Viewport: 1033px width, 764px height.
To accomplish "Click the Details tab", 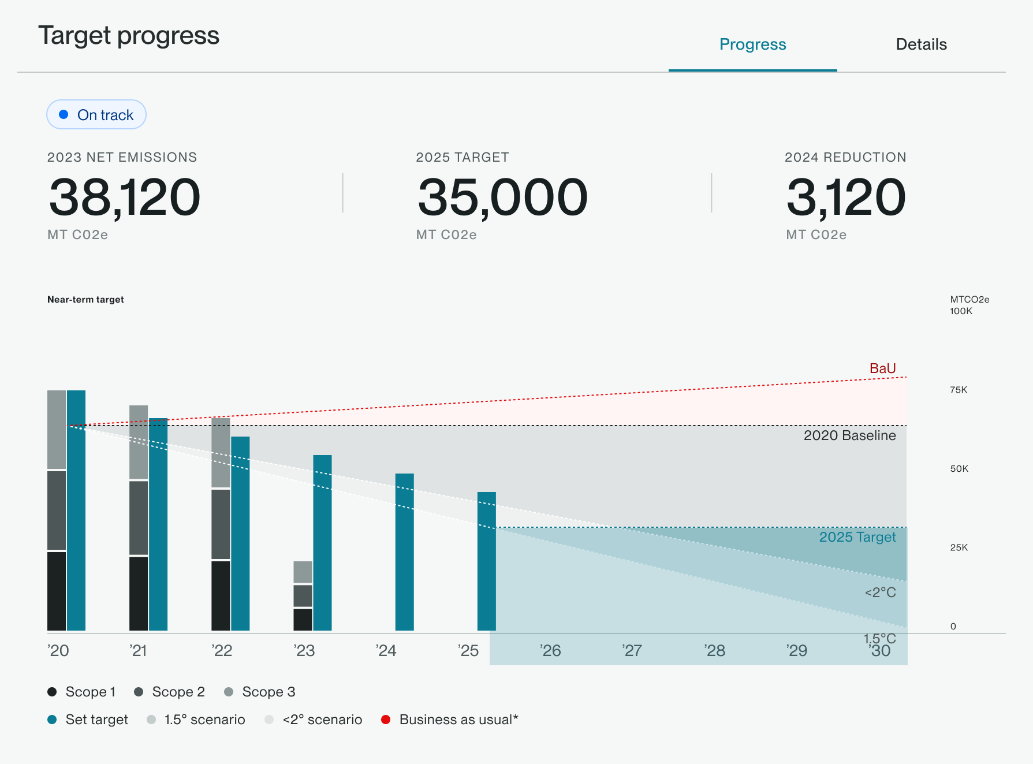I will pyautogui.click(x=920, y=44).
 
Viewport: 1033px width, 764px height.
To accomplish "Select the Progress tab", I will pyautogui.click(x=752, y=44).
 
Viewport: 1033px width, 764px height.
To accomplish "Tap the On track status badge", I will pyautogui.click(x=96, y=115).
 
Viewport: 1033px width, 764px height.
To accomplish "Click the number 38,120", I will pyautogui.click(x=124, y=197).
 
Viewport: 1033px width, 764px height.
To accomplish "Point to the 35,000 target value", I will pyautogui.click(x=502, y=197).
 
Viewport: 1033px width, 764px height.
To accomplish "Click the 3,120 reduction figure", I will pyautogui.click(x=845, y=197).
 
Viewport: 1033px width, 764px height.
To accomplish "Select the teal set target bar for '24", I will pyautogui.click(x=404, y=551).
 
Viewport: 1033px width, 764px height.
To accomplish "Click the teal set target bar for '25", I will pyautogui.click(x=486, y=561).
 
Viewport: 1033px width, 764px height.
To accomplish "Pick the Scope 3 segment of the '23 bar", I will pyautogui.click(x=303, y=572).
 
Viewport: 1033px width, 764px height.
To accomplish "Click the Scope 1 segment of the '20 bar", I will pyautogui.click(x=57, y=591).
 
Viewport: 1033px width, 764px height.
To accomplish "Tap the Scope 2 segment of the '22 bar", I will pyautogui.click(x=221, y=524).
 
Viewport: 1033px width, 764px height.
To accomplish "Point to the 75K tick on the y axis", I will pyautogui.click(x=959, y=390).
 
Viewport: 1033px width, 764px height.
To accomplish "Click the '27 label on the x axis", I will pyautogui.click(x=632, y=651).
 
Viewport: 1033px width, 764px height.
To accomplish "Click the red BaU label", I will pyautogui.click(x=882, y=368).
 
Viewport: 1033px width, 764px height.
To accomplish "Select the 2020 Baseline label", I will pyautogui.click(x=849, y=435).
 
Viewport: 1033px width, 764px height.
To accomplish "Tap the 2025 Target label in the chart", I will pyautogui.click(x=857, y=537).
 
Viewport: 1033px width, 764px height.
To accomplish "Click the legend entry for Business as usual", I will pyautogui.click(x=450, y=720).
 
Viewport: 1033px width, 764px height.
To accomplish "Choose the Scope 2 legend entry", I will pyautogui.click(x=169, y=692).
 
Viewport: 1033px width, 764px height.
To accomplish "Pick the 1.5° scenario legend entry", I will pyautogui.click(x=196, y=720).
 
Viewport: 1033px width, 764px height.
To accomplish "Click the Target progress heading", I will pyautogui.click(x=129, y=36).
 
